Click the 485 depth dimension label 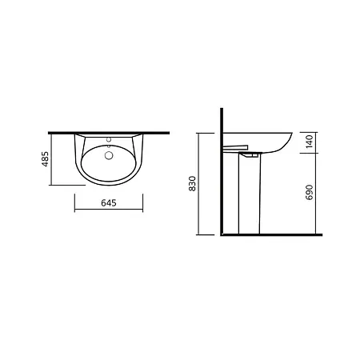click(46, 159)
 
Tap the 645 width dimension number click(109, 203)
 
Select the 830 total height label click(192, 183)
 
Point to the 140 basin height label click(309, 142)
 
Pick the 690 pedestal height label click(309, 192)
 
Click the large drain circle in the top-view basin click(109, 155)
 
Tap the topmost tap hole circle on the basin click(109, 139)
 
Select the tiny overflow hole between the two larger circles click(109, 146)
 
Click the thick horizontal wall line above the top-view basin click(109, 133)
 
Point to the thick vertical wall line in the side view click(222, 172)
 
